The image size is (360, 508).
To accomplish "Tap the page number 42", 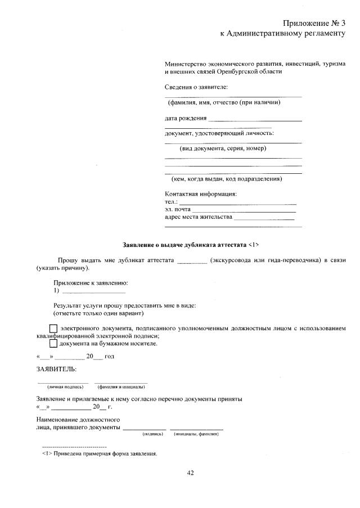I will (x=190, y=473).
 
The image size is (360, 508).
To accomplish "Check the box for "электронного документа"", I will (x=53, y=329).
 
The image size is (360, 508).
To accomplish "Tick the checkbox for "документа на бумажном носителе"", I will (x=53, y=343).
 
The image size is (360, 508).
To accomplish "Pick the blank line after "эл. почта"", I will (x=244, y=210).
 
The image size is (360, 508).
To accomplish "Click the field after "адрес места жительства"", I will (x=264, y=217).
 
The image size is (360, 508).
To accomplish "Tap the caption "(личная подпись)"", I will (x=65, y=387).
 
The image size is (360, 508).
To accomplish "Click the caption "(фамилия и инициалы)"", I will (x=122, y=387).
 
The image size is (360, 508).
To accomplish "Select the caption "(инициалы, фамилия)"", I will (x=196, y=434).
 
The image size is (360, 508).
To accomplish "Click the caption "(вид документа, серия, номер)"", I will (x=223, y=149).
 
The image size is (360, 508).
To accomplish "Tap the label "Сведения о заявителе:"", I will (x=196, y=87).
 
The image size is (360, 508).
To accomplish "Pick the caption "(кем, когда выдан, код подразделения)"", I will (x=227, y=179).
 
